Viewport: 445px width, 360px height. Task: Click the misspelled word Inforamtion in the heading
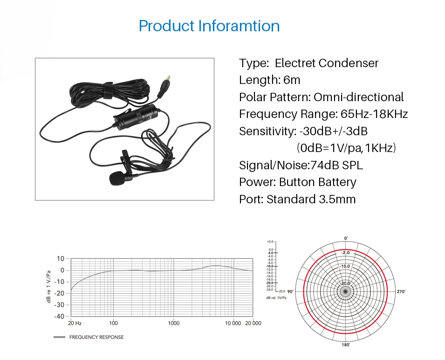239,25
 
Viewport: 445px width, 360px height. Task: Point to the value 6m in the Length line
292,80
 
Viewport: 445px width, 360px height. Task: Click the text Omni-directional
358,97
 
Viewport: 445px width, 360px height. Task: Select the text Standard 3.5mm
311,200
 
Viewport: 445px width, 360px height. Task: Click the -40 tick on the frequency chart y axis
59,316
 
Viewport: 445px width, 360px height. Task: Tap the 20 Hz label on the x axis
75,323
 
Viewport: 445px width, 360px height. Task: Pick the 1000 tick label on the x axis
173,323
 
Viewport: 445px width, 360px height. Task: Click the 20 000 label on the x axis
253,323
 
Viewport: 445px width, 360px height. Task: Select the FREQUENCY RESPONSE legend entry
96,337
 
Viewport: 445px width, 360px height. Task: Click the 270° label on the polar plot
401,291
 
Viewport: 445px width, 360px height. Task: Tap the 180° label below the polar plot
345,345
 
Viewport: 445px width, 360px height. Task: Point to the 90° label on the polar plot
289,291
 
